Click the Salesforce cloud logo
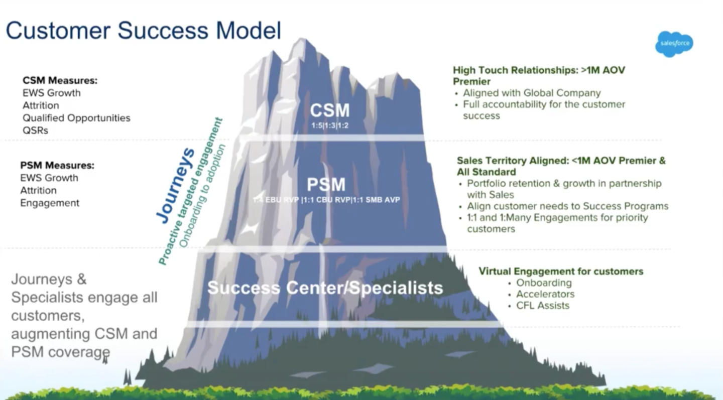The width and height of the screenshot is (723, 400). [x=674, y=44]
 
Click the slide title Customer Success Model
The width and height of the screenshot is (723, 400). [x=143, y=30]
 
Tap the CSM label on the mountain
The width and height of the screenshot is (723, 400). [x=329, y=110]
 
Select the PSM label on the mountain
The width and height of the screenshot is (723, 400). [x=326, y=185]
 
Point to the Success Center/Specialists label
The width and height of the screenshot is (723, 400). [x=325, y=288]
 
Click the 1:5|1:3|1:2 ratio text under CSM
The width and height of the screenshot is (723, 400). [x=330, y=125]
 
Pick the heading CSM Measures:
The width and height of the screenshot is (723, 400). [x=60, y=80]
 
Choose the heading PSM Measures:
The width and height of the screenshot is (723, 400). [x=57, y=165]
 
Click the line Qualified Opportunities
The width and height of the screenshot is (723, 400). [x=76, y=118]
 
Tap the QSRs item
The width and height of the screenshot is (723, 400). [x=36, y=130]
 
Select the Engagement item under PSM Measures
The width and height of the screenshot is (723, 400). [x=50, y=203]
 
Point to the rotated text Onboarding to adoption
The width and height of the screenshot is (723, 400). [x=203, y=196]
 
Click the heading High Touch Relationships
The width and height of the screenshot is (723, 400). [x=539, y=70]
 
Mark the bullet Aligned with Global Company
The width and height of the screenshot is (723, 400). [x=532, y=93]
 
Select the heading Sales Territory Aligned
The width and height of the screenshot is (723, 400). [x=561, y=161]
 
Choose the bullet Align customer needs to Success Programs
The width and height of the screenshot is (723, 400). [x=568, y=206]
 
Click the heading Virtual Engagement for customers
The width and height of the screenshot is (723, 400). [x=561, y=272]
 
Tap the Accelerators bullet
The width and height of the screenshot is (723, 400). [x=545, y=294]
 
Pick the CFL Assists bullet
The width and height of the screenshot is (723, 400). [x=543, y=306]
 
